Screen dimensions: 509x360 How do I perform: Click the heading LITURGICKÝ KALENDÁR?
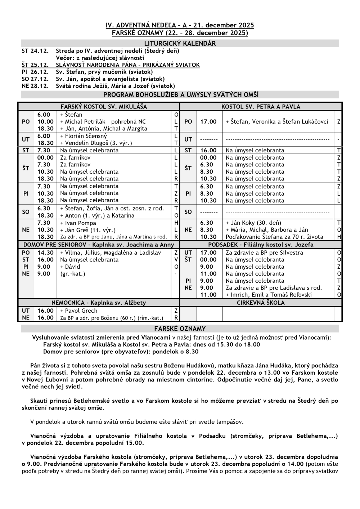(x=180, y=44)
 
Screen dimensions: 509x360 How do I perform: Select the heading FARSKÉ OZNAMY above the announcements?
(x=180, y=329)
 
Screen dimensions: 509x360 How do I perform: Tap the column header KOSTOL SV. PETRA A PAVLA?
(x=261, y=107)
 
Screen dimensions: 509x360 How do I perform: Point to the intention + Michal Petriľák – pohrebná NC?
(x=103, y=122)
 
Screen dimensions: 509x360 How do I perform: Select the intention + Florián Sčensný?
(x=84, y=136)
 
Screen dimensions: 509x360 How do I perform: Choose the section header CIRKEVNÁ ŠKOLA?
(x=261, y=303)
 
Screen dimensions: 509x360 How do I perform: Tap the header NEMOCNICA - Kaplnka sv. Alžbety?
(x=99, y=303)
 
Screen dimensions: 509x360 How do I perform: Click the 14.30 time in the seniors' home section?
(x=45, y=253)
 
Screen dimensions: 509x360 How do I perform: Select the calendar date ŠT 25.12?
(x=35, y=65)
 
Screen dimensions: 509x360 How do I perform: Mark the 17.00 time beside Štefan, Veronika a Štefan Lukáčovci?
(x=208, y=122)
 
